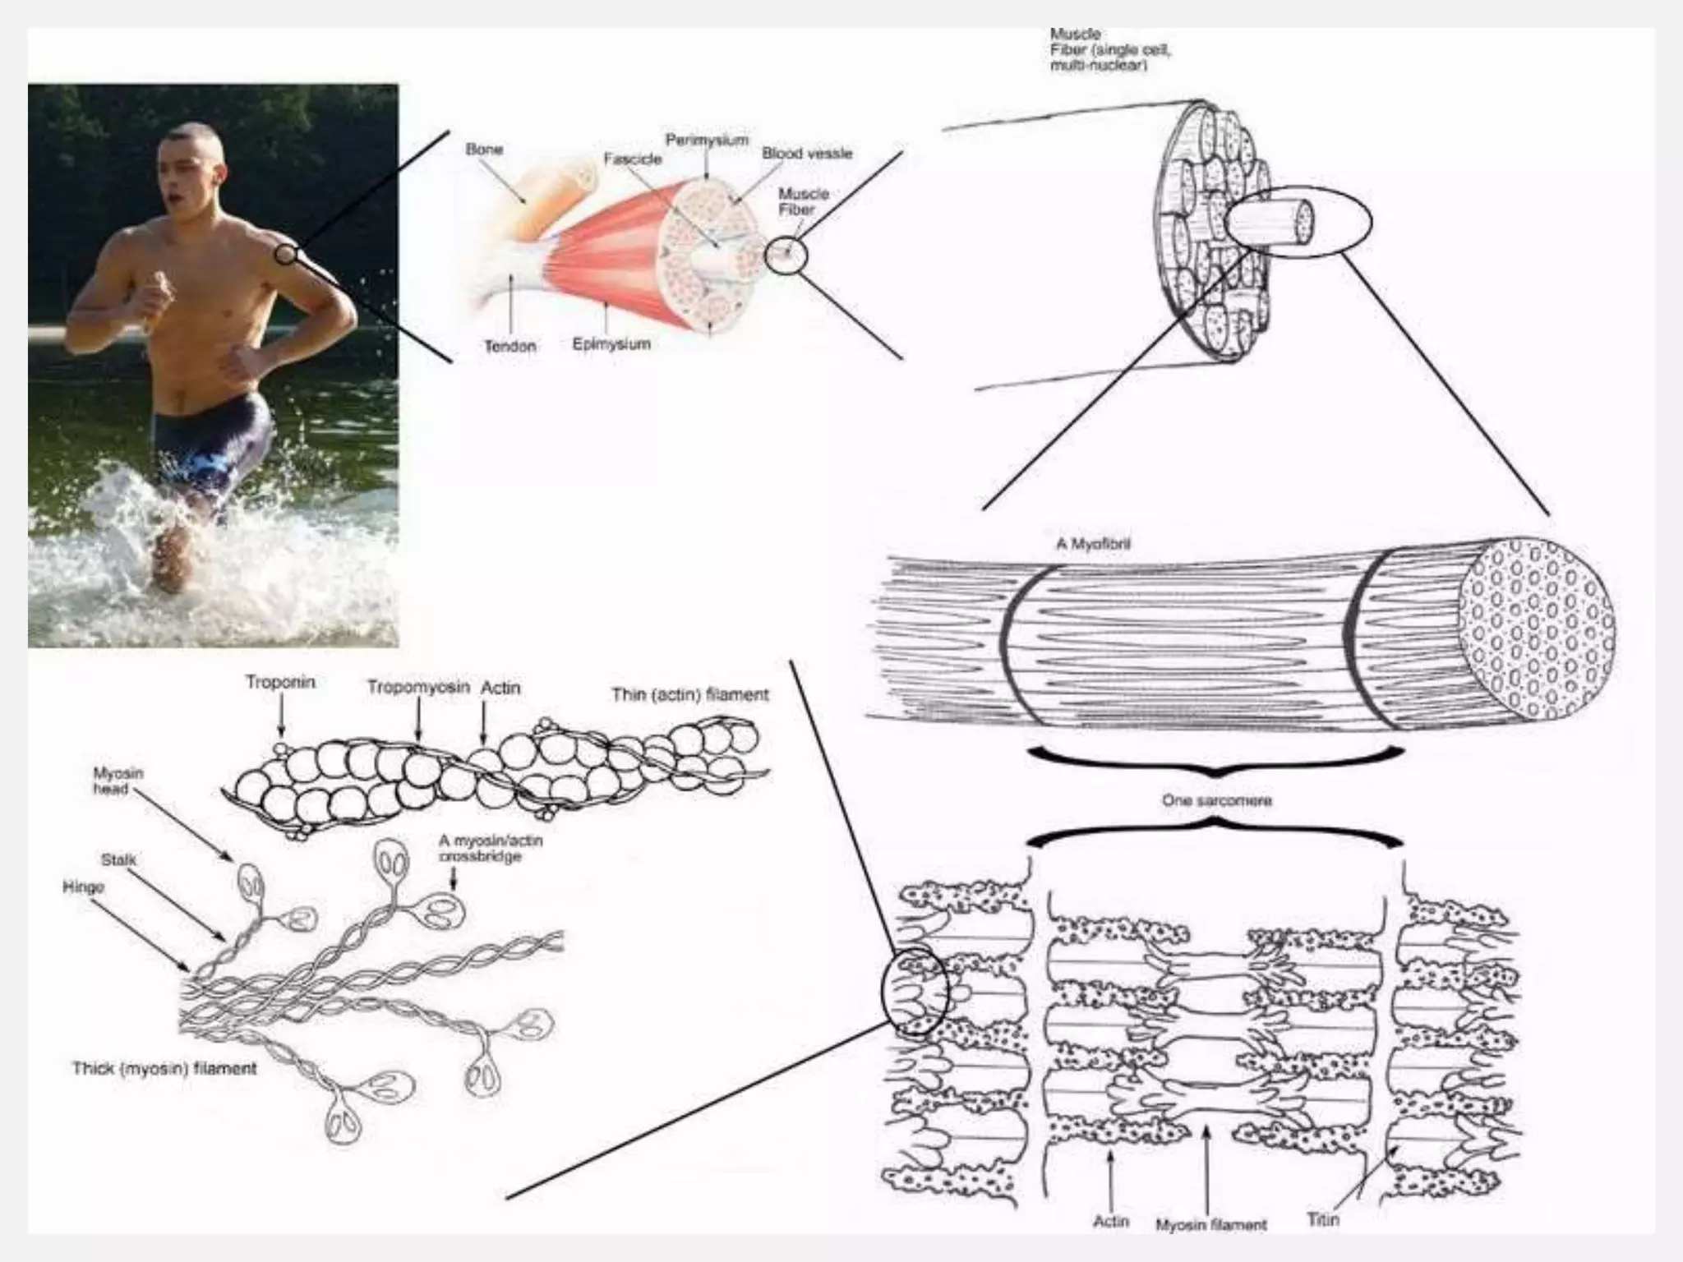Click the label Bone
click(x=484, y=150)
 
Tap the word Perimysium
click(x=707, y=140)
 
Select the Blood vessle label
click(x=807, y=154)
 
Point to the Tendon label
click(x=510, y=346)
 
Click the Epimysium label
click(x=611, y=343)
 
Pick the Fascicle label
click(x=633, y=159)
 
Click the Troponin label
click(x=280, y=682)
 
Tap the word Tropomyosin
click(x=418, y=688)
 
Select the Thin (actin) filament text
click(x=690, y=695)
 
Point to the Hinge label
click(x=84, y=887)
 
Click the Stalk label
click(x=119, y=860)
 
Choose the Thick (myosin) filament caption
click(x=164, y=1068)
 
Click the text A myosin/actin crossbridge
click(x=490, y=849)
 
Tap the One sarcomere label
click(x=1216, y=800)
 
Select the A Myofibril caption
click(x=1093, y=544)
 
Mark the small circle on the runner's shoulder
click(x=285, y=254)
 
